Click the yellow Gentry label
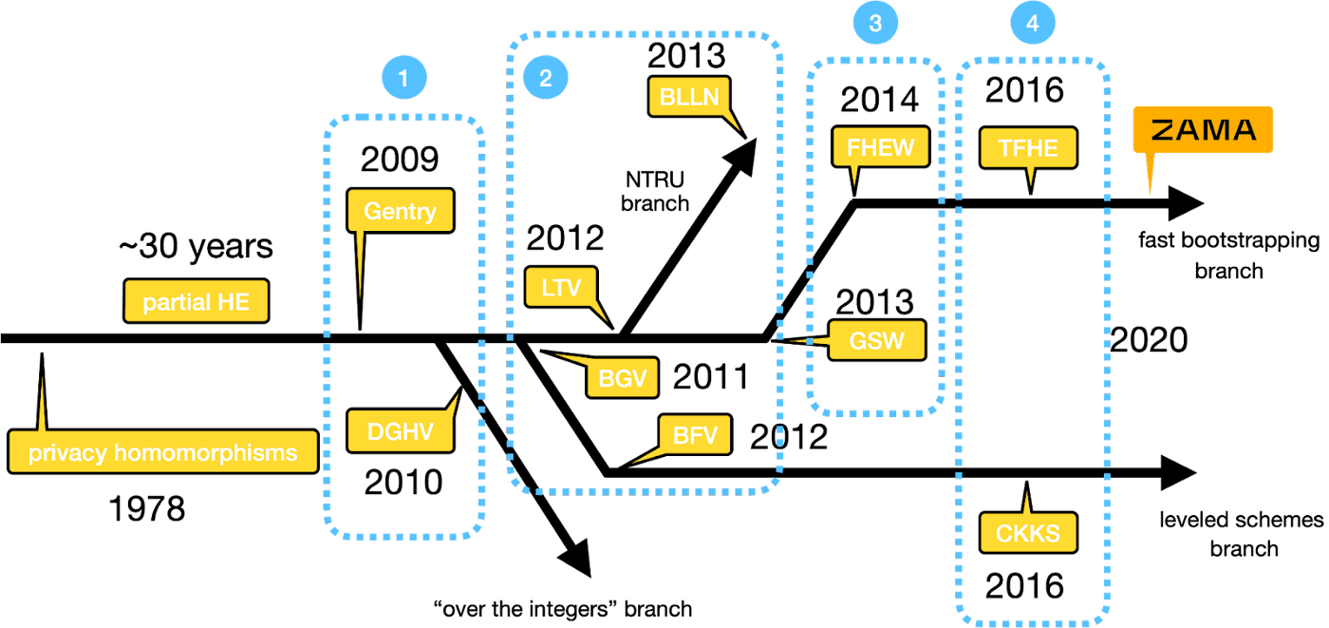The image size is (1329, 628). pyautogui.click(x=400, y=211)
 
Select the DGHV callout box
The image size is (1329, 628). pyautogui.click(x=400, y=432)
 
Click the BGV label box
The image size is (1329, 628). pyautogui.click(x=623, y=379)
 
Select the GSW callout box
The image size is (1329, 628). pyautogui.click(x=876, y=340)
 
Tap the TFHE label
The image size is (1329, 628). pyautogui.click(x=1028, y=147)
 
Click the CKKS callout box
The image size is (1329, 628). pyautogui.click(x=1028, y=532)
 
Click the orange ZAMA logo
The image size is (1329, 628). pyautogui.click(x=1202, y=130)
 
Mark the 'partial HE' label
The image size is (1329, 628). pyautogui.click(x=197, y=303)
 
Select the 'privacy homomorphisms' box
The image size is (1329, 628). pyautogui.click(x=162, y=452)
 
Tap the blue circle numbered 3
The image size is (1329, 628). pyautogui.click(x=874, y=26)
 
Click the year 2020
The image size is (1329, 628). pyautogui.click(x=1149, y=340)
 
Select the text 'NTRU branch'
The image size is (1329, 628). pyautogui.click(x=655, y=190)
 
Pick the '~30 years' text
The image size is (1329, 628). pyautogui.click(x=195, y=247)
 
